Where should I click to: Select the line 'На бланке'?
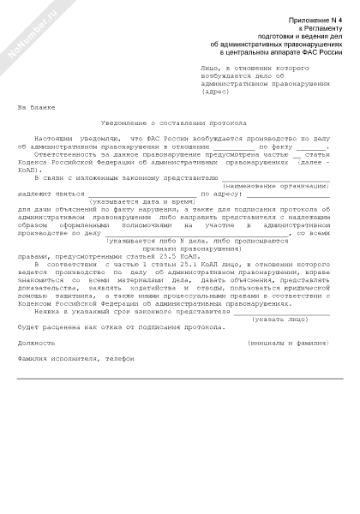(34, 107)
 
